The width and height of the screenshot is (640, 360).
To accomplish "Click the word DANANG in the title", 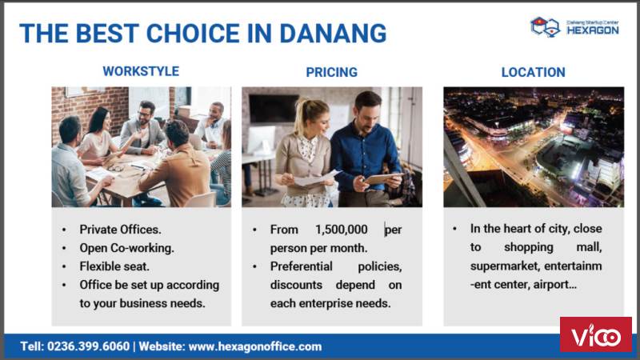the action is tap(333, 33).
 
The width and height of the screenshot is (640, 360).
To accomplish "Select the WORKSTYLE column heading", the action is tap(141, 71).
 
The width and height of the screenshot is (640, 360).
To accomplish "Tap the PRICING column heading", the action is tap(331, 72).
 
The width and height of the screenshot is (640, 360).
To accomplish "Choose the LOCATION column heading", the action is tap(533, 72).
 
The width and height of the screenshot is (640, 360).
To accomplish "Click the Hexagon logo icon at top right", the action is tap(545, 27).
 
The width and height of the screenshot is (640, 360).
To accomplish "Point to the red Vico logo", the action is tap(595, 334).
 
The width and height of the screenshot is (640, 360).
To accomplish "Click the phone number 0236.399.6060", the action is tap(88, 346).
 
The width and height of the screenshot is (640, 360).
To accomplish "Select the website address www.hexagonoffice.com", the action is tap(255, 346).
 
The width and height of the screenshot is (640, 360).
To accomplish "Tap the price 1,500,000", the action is tap(342, 230).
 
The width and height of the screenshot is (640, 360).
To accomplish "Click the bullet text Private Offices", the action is tap(121, 230).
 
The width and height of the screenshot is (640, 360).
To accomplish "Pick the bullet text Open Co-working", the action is tap(127, 248).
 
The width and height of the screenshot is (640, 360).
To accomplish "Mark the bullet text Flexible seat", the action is tap(114, 266).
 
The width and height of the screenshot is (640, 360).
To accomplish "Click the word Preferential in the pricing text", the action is tap(302, 266).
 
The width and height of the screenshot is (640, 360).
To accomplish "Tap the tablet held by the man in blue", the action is tap(383, 178).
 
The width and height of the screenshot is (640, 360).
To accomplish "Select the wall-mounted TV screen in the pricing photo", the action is tap(274, 108).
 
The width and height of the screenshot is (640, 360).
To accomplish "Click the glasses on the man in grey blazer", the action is tap(144, 114).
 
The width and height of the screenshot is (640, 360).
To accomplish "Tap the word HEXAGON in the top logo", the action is tap(593, 30).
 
